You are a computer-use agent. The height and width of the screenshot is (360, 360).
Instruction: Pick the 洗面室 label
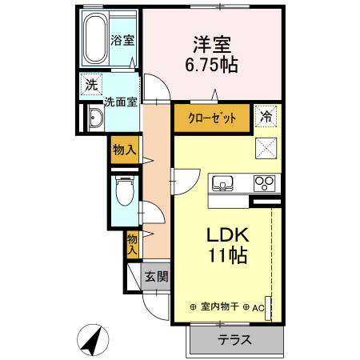coord(121,102)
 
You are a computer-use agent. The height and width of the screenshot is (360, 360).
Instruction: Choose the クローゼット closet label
coord(213,118)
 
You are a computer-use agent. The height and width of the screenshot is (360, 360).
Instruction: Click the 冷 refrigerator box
coord(266,116)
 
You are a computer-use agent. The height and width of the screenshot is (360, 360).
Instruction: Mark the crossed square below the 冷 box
coord(266,148)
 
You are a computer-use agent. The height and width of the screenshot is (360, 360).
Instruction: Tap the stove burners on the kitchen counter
coord(265,183)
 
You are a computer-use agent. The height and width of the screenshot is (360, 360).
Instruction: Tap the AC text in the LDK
coord(258,307)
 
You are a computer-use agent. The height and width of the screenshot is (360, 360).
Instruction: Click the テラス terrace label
coord(235,339)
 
